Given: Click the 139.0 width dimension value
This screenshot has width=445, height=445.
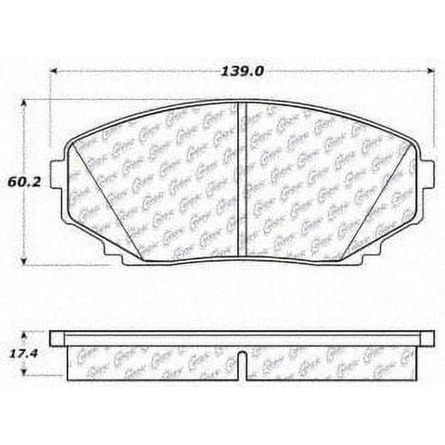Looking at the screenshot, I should coord(242,71).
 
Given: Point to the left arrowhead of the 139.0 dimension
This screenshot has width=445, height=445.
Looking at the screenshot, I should coord(55,71).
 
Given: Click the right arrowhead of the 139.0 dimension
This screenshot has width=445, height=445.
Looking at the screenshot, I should coord(430,71).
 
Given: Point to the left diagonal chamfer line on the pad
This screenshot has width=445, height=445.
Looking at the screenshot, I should coord(100,201).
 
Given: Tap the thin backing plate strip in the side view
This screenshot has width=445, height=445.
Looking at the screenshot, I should coord(242,338).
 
